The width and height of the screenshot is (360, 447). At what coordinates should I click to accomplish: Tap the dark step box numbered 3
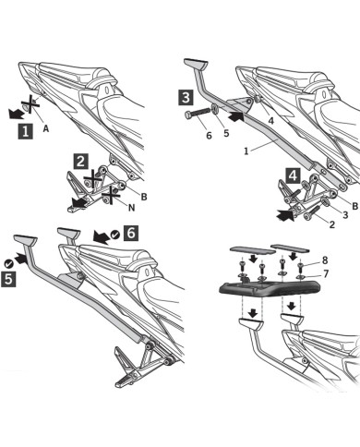pos(186,96)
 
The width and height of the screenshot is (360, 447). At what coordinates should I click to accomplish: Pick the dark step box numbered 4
pos(292,174)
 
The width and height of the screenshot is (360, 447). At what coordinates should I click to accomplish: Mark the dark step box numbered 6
pos(131,235)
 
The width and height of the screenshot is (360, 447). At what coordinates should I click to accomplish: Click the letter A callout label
pos(45,129)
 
